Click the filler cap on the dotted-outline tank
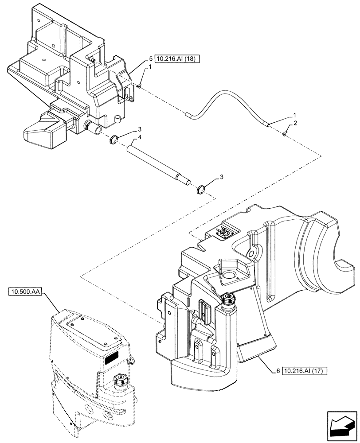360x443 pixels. (119, 380)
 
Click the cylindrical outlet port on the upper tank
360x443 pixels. (94, 129)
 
